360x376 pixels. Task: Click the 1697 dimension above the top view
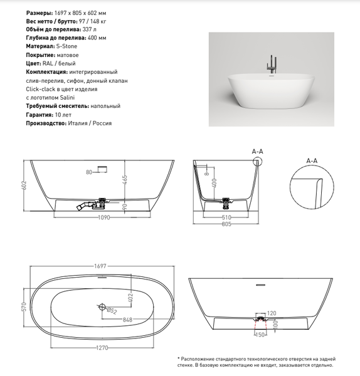click(x=100, y=266)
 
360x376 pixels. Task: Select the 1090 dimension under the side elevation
click(x=104, y=217)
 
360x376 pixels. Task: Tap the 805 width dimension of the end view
click(x=226, y=224)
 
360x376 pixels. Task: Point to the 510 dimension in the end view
click(x=226, y=217)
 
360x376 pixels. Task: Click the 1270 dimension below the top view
click(x=102, y=347)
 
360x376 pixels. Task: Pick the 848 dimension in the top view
click(x=127, y=320)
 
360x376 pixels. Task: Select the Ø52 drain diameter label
click(x=112, y=311)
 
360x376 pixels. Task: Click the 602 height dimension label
click(x=24, y=185)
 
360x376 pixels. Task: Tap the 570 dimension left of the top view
click(x=24, y=307)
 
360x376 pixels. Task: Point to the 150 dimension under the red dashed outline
click(x=260, y=335)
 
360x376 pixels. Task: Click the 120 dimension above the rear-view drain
click(x=272, y=313)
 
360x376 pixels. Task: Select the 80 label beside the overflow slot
click(x=89, y=172)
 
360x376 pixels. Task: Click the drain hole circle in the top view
click(x=102, y=306)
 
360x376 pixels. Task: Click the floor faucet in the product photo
click(x=272, y=65)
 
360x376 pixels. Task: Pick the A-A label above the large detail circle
click(x=312, y=160)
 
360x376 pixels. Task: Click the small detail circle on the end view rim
click(x=258, y=161)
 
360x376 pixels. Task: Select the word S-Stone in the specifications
click(x=66, y=46)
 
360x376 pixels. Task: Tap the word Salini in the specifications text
click(x=67, y=98)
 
